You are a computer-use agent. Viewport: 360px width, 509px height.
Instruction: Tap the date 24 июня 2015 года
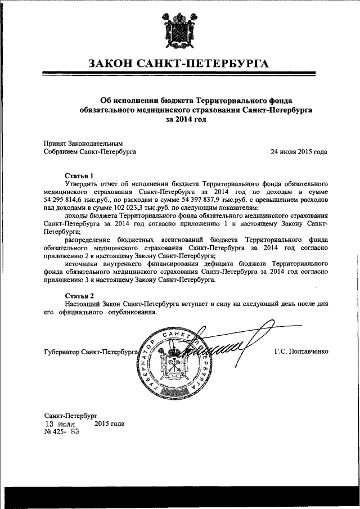coord(299,152)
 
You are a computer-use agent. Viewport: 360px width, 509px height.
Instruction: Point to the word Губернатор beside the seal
coord(61,353)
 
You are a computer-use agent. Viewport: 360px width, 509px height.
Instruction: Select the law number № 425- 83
coord(61,433)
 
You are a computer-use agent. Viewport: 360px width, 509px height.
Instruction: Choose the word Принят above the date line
coord(54,143)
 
